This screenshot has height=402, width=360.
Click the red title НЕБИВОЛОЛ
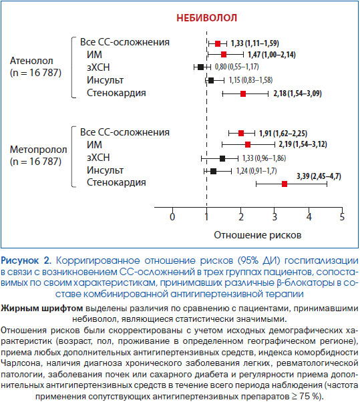206,18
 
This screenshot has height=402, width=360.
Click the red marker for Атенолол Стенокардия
243,94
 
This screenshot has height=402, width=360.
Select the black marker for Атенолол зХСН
201,67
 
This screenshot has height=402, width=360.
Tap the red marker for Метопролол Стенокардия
285,184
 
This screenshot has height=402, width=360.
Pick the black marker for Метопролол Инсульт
213,171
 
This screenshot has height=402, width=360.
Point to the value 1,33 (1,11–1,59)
254,43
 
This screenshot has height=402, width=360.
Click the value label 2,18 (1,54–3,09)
297,93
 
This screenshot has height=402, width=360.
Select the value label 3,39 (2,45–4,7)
319,176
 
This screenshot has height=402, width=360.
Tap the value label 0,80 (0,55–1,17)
236,67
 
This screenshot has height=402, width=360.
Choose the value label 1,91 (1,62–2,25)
283,134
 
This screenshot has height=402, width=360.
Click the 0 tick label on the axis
172,216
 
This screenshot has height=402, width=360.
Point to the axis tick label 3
275,216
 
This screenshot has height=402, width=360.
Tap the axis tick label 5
342,216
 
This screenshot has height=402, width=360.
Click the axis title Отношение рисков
257,235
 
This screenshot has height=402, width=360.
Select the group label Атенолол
31,61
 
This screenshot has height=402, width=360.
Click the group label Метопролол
39,150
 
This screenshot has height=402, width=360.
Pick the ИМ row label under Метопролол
94,145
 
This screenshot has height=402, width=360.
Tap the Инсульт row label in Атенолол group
105,80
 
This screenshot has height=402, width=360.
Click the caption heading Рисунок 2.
26,260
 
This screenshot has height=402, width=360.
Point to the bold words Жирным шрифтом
42,309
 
